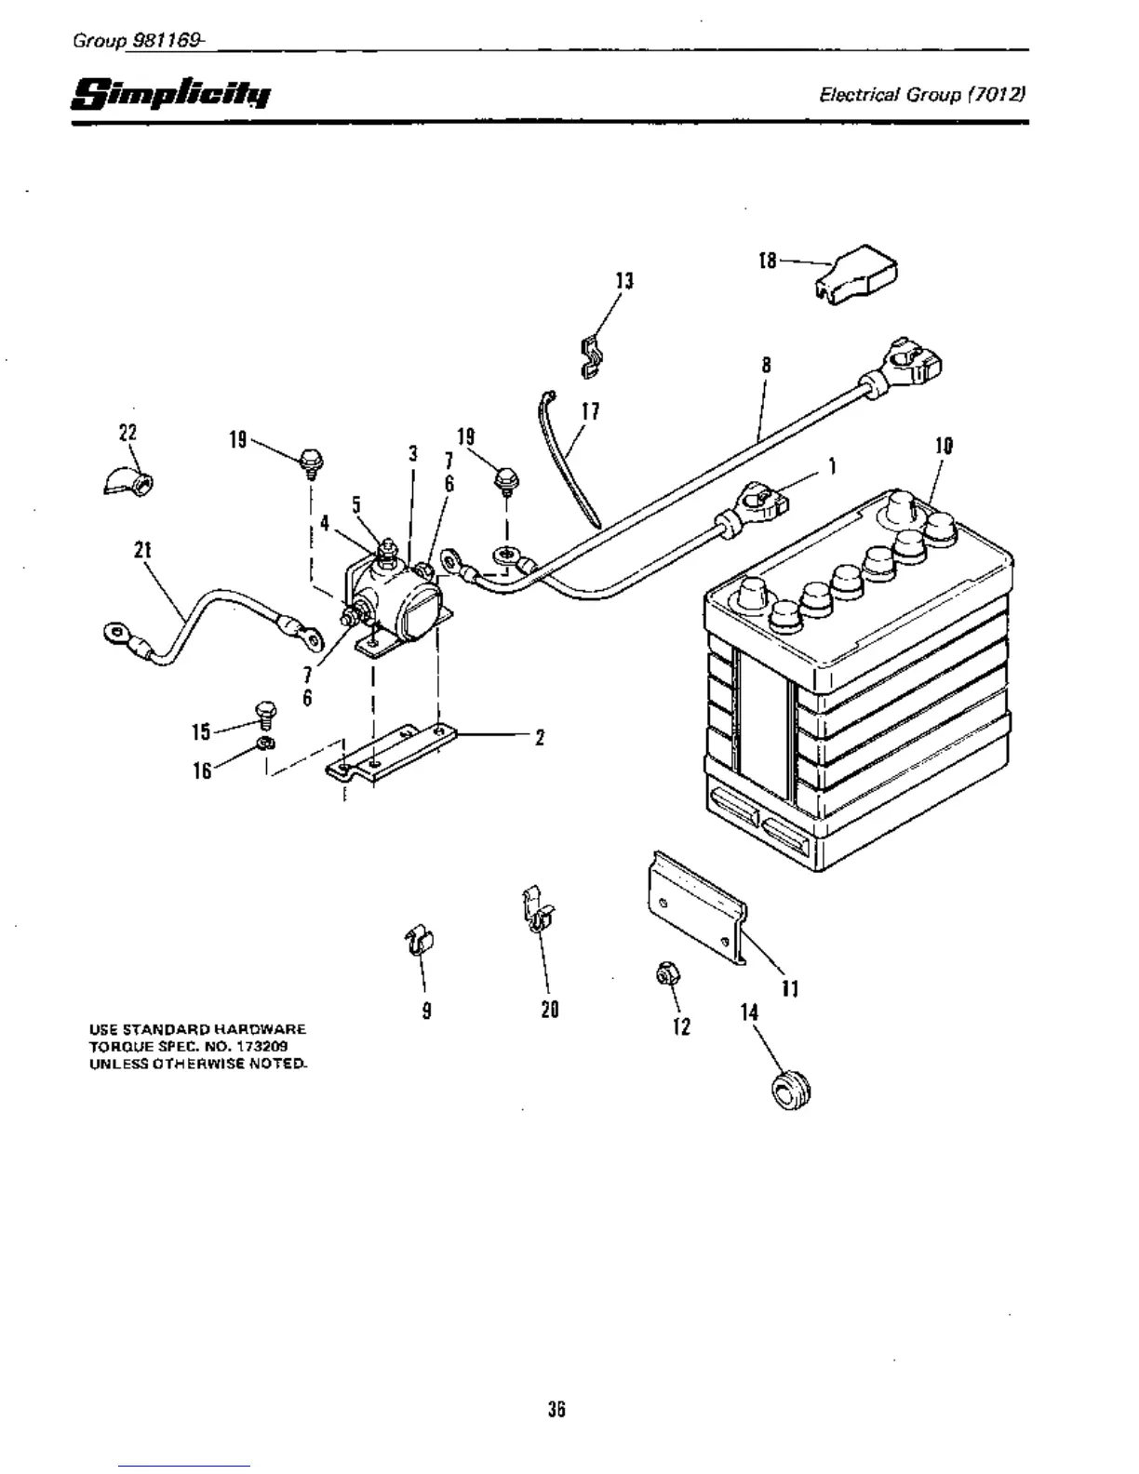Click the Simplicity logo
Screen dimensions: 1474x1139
[171, 94]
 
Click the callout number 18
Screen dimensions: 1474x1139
[768, 261]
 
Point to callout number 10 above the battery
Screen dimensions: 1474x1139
[944, 447]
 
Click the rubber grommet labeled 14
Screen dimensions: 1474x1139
[790, 1089]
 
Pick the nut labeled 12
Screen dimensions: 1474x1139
[666, 974]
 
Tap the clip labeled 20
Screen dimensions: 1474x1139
[536, 912]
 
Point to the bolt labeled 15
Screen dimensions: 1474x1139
[265, 715]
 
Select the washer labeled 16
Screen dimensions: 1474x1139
[264, 742]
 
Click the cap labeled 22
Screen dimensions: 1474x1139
[128, 481]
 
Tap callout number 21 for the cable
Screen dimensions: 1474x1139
[141, 550]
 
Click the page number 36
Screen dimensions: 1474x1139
[556, 1409]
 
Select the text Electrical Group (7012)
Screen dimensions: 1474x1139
[922, 95]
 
